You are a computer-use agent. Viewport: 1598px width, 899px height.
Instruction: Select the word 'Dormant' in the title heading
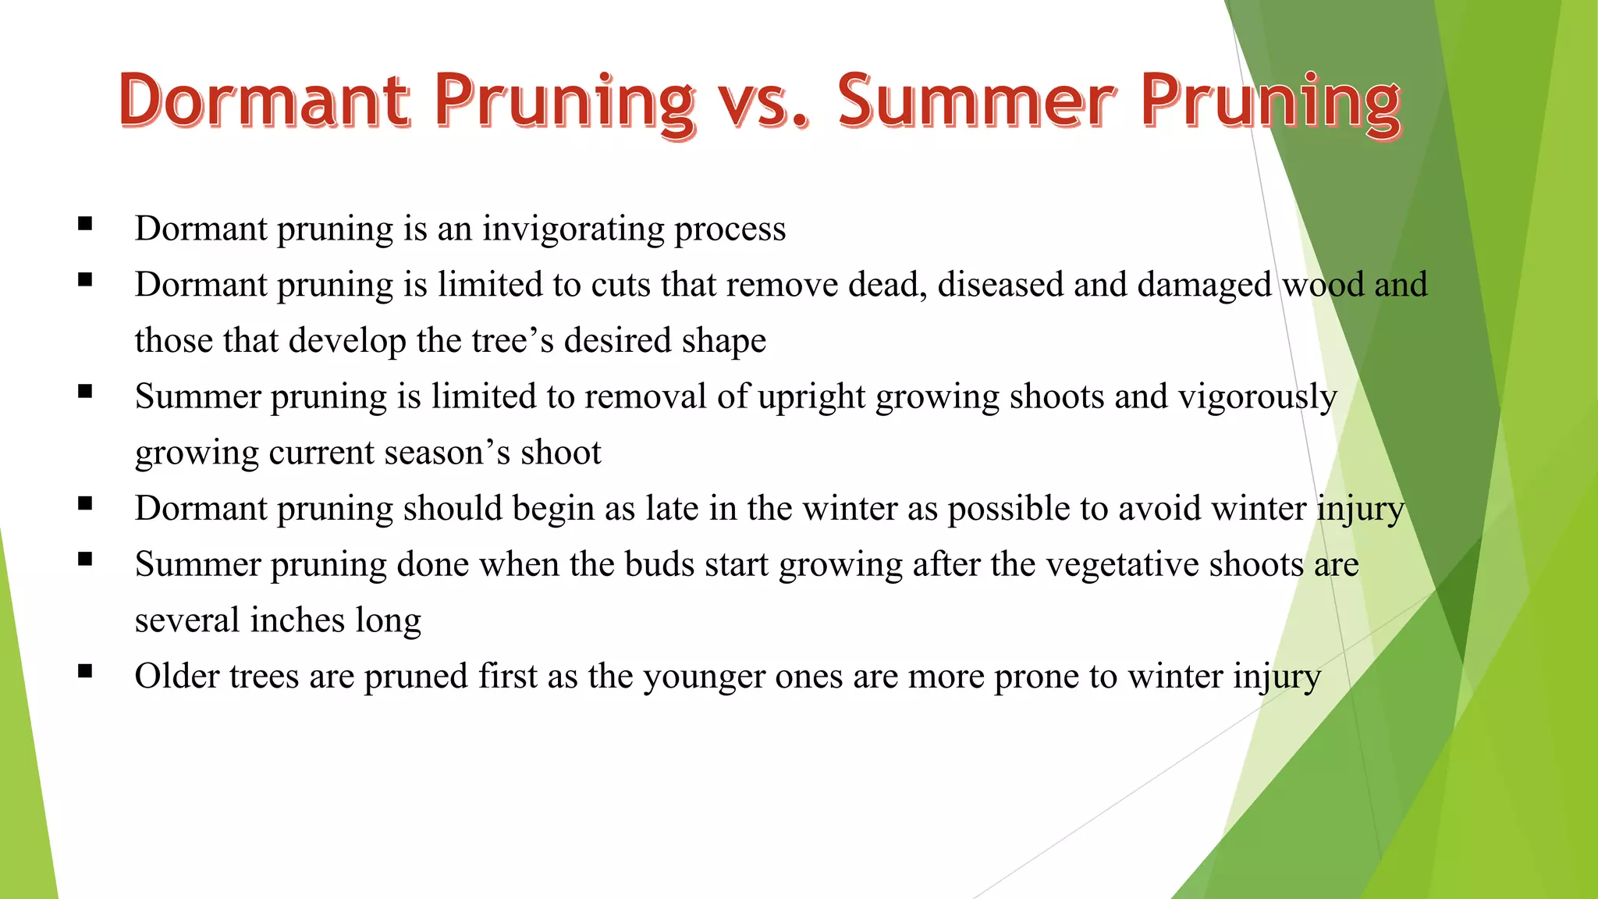point(265,101)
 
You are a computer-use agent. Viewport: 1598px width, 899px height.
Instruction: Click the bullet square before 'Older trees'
point(85,670)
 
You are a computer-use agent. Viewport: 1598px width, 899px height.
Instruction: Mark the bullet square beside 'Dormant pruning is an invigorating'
point(85,224)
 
